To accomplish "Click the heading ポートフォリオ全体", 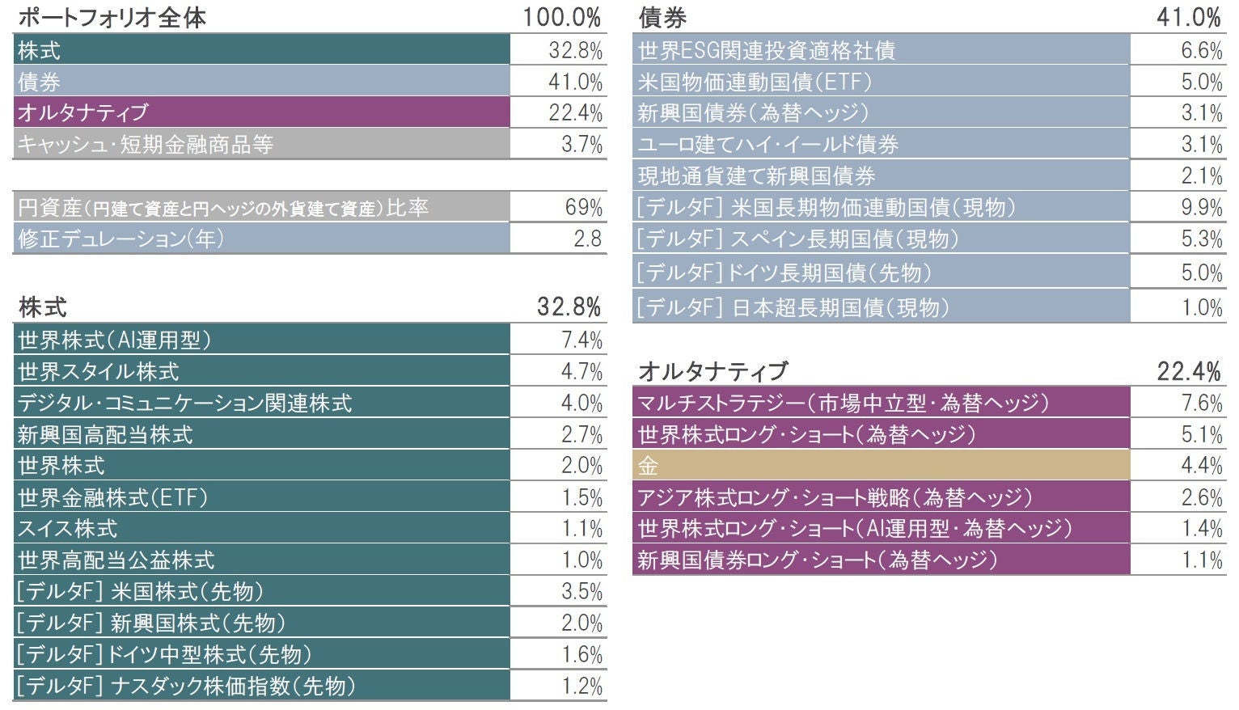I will pos(112,17).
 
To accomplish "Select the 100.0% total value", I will pos(561,17).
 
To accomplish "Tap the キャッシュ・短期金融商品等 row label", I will pos(146,145).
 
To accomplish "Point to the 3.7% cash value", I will pos(581,145).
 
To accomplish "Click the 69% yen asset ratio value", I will pos(583,208).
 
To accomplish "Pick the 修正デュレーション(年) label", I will pos(121,239).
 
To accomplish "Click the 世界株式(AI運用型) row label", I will pos(114,340).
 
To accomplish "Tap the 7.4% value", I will pos(581,340).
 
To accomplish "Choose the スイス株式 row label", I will pos(68,529).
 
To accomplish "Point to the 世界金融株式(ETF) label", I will pos(112,497).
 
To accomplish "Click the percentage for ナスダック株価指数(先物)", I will pos(581,687).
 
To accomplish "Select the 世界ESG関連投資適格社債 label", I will pos(766,51).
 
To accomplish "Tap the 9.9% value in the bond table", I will pos(1201,208).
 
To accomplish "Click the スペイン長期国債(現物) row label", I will pos(797,239).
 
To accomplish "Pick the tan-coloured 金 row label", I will pos(648,466).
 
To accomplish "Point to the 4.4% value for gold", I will pos(1201,466).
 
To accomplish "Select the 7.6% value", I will pos(1201,403).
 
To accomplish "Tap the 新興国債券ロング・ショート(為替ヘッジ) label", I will pos(817,560).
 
